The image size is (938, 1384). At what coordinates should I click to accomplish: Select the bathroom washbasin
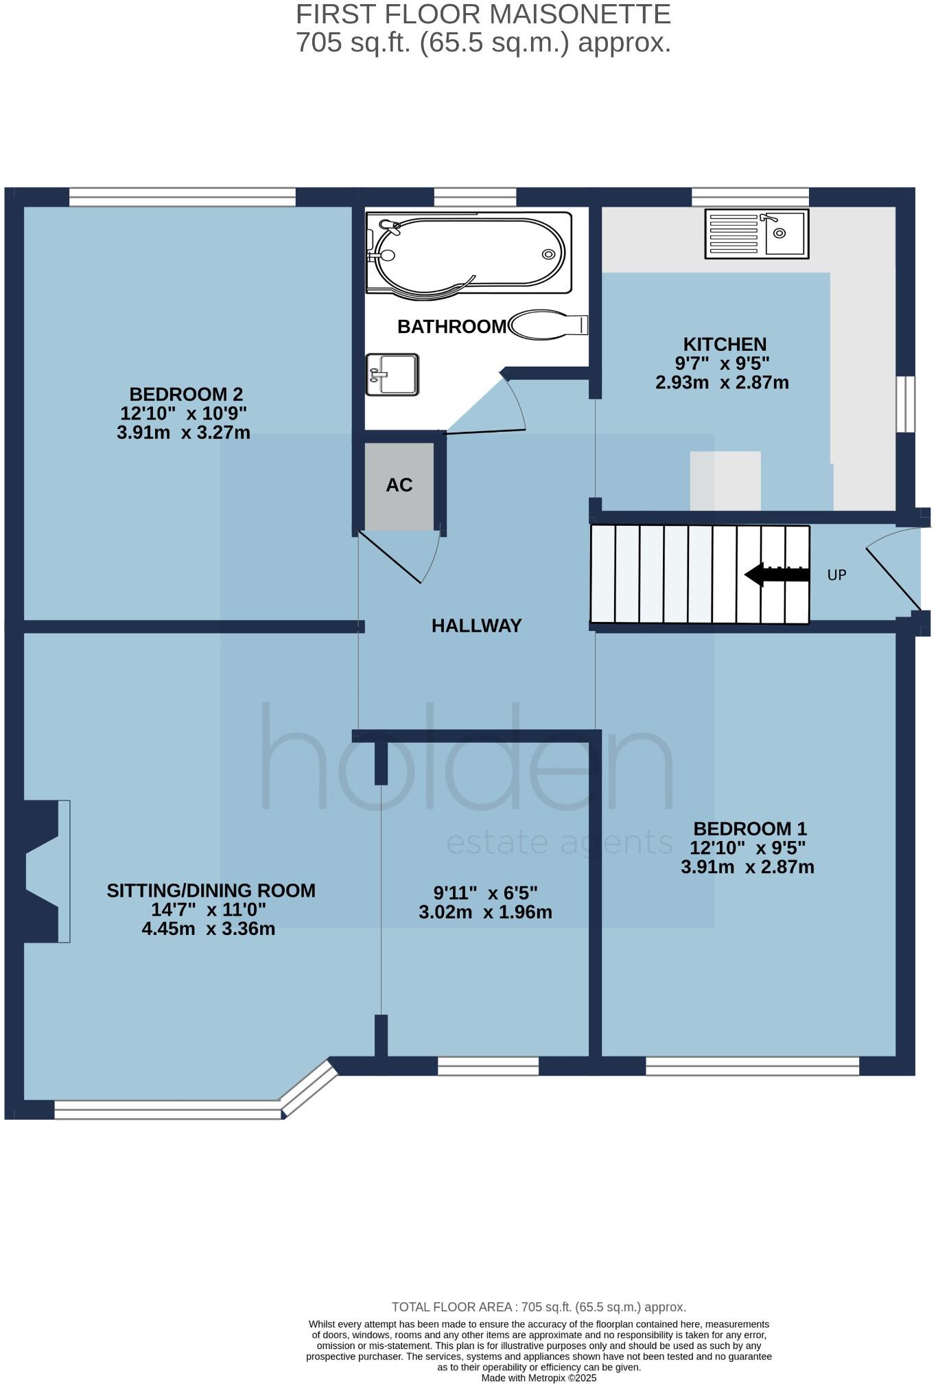point(392,374)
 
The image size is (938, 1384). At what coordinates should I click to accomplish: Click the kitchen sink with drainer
point(757,234)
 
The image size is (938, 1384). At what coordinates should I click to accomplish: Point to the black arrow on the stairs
point(776,575)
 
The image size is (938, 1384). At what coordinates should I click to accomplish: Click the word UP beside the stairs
point(836,575)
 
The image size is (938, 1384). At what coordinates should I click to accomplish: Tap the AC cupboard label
point(399,485)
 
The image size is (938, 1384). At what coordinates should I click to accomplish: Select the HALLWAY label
point(477,625)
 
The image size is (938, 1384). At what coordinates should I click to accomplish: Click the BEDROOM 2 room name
point(186,395)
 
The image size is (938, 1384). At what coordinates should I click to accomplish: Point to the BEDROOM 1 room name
point(750,829)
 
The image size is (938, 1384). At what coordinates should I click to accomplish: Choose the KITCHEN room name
point(725,344)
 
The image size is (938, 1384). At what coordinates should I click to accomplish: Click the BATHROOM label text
point(452,327)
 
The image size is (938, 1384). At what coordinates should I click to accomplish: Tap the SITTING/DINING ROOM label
point(211,890)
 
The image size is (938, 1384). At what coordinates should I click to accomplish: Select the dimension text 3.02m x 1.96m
point(485,912)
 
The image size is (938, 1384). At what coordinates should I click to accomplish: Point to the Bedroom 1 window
point(752,1066)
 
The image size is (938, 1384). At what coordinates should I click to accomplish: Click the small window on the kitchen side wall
point(905,404)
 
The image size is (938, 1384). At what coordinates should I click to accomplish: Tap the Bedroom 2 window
point(183,197)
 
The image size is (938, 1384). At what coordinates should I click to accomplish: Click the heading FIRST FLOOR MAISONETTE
point(483,14)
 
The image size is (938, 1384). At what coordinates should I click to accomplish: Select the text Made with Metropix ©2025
point(539,1378)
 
